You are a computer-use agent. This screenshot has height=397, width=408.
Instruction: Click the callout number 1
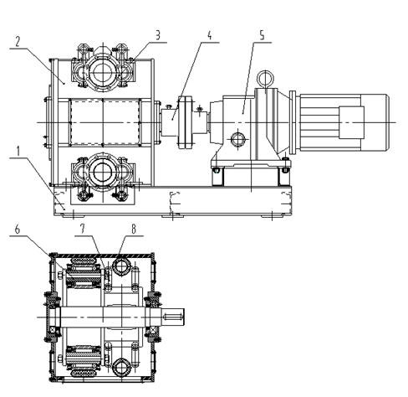[18, 151]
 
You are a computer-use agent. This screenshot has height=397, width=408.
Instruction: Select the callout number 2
[18, 41]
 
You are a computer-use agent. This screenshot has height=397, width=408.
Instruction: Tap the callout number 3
[158, 35]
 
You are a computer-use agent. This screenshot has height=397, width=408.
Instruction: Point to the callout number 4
[210, 35]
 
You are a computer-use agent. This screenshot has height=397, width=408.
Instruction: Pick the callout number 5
[262, 35]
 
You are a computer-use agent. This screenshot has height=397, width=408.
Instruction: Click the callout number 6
[18, 229]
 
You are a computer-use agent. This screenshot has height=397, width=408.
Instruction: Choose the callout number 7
[83, 229]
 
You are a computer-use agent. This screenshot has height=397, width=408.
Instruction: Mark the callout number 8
[134, 229]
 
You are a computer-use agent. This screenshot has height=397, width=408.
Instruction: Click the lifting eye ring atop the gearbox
[265, 79]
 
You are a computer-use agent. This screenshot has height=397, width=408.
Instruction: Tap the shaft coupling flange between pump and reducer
[185, 122]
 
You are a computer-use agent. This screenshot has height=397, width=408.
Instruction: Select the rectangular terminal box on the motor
[351, 122]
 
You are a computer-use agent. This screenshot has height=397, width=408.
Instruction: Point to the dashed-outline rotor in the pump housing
[105, 122]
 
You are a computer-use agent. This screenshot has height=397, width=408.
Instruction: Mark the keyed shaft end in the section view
[174, 317]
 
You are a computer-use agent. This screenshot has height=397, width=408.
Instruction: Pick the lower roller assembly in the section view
[84, 361]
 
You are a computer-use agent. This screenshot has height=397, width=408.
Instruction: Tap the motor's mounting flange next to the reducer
[293, 122]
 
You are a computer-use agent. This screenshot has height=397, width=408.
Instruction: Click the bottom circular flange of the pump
[103, 172]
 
